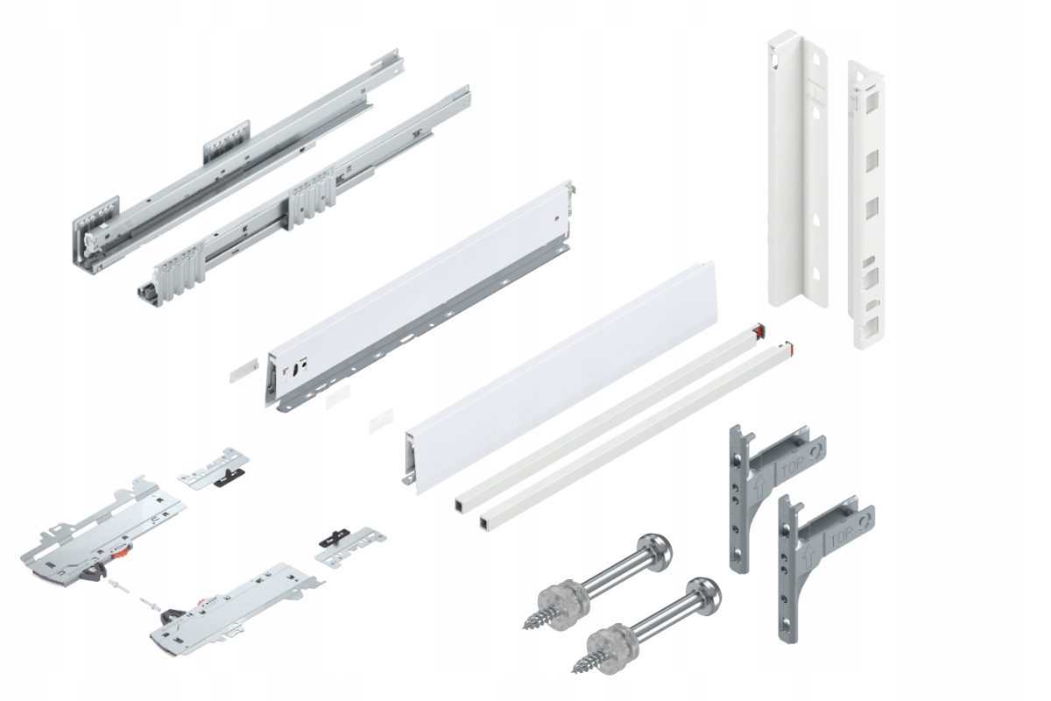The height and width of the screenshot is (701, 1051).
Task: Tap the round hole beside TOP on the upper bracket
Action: (x=816, y=450)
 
